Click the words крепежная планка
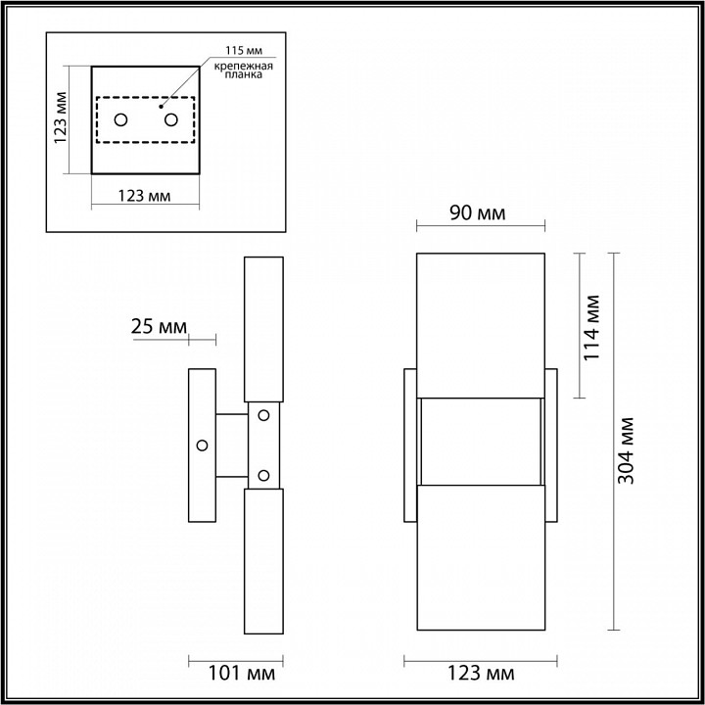point(239,68)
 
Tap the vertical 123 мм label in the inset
point(61,118)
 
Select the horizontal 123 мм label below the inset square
point(144,195)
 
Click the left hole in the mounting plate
point(120,119)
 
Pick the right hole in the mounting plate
point(171,119)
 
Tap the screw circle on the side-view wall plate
point(203,446)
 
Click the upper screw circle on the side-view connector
point(262,415)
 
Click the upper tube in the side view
point(262,329)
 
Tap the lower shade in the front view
point(480,558)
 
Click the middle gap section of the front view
point(480,442)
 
